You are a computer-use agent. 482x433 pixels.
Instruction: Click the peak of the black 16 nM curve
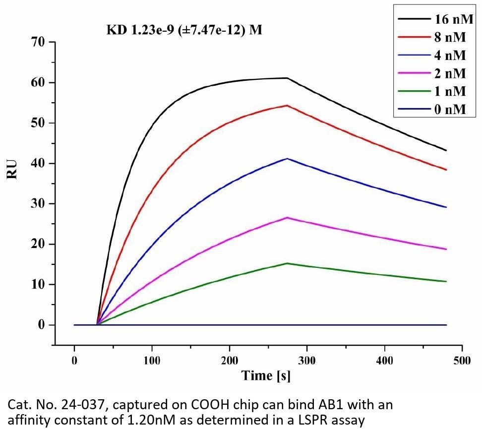point(287,78)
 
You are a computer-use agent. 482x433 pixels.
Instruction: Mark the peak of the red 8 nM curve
point(287,105)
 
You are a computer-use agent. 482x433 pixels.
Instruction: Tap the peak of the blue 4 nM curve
point(287,159)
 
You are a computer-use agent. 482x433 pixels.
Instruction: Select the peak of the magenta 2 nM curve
point(287,218)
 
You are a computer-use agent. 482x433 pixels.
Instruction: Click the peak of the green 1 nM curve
point(287,263)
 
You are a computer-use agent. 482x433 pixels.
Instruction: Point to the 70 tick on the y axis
point(38,42)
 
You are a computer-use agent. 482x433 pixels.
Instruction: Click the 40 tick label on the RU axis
point(38,163)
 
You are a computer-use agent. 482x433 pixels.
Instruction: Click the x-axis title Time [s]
point(266,375)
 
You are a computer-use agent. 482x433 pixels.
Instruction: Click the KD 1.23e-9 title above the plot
point(184,30)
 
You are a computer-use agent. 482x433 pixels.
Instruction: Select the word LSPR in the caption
point(321,421)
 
